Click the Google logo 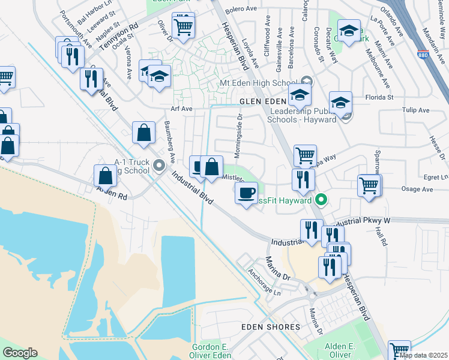click(x=20, y=353)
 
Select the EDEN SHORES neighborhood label click(x=270, y=327)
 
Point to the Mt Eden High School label click(x=259, y=83)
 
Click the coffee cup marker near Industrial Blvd click(x=247, y=194)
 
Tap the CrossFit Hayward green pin click(x=322, y=200)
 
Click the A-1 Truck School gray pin click(x=158, y=165)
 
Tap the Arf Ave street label click(x=181, y=109)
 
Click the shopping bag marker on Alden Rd click(x=106, y=177)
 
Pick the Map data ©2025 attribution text click(x=423, y=355)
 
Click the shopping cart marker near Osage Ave click(x=368, y=185)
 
